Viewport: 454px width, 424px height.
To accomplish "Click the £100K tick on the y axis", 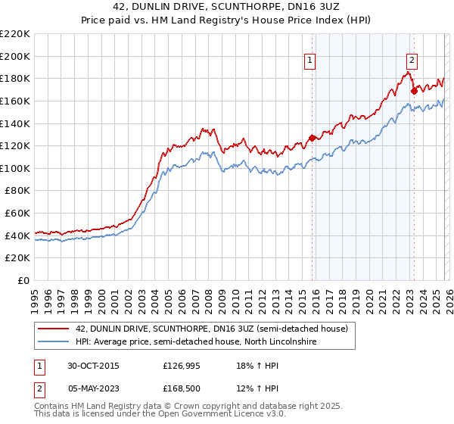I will (x=15, y=168).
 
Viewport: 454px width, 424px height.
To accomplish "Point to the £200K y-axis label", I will (x=15, y=56).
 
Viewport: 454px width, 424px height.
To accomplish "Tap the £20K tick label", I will (x=17, y=258).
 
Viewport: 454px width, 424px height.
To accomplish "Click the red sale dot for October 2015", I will (x=312, y=138).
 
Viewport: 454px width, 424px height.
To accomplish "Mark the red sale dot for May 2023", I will (x=414, y=91).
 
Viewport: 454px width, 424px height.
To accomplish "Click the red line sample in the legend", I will (x=53, y=329).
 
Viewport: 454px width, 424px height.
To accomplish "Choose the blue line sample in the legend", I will (x=53, y=343).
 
